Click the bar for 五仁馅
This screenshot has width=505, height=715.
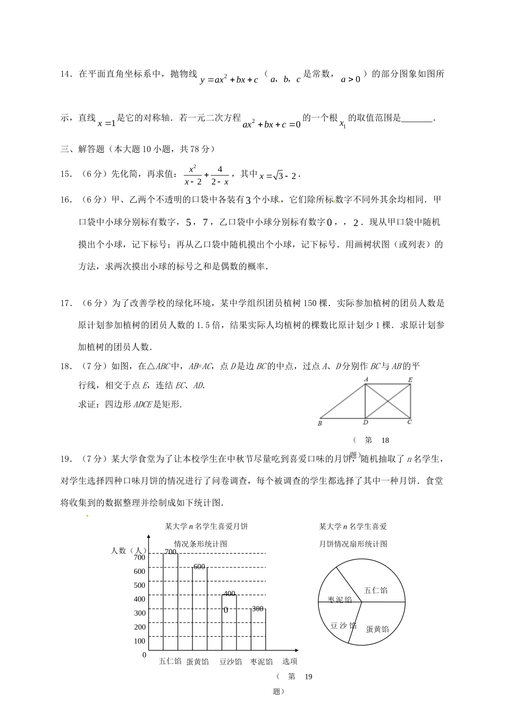click(x=170, y=601)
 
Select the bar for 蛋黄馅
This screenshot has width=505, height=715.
click(x=199, y=609)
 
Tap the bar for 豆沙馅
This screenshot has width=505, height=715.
click(x=229, y=622)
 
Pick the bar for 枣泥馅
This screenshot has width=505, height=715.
click(x=258, y=629)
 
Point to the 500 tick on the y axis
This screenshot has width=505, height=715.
click(x=139, y=585)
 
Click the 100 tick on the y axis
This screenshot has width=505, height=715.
click(x=139, y=641)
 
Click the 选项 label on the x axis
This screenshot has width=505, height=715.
click(x=290, y=661)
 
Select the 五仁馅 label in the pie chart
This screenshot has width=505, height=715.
click(x=375, y=590)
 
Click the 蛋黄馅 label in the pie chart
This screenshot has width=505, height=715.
click(x=377, y=629)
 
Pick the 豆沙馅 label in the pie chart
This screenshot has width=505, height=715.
click(x=343, y=626)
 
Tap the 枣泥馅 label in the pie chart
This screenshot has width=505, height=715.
click(x=340, y=600)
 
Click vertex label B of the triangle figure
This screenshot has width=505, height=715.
click(x=319, y=423)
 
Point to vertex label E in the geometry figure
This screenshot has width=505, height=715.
click(x=410, y=379)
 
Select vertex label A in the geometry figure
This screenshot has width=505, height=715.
click(x=366, y=379)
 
